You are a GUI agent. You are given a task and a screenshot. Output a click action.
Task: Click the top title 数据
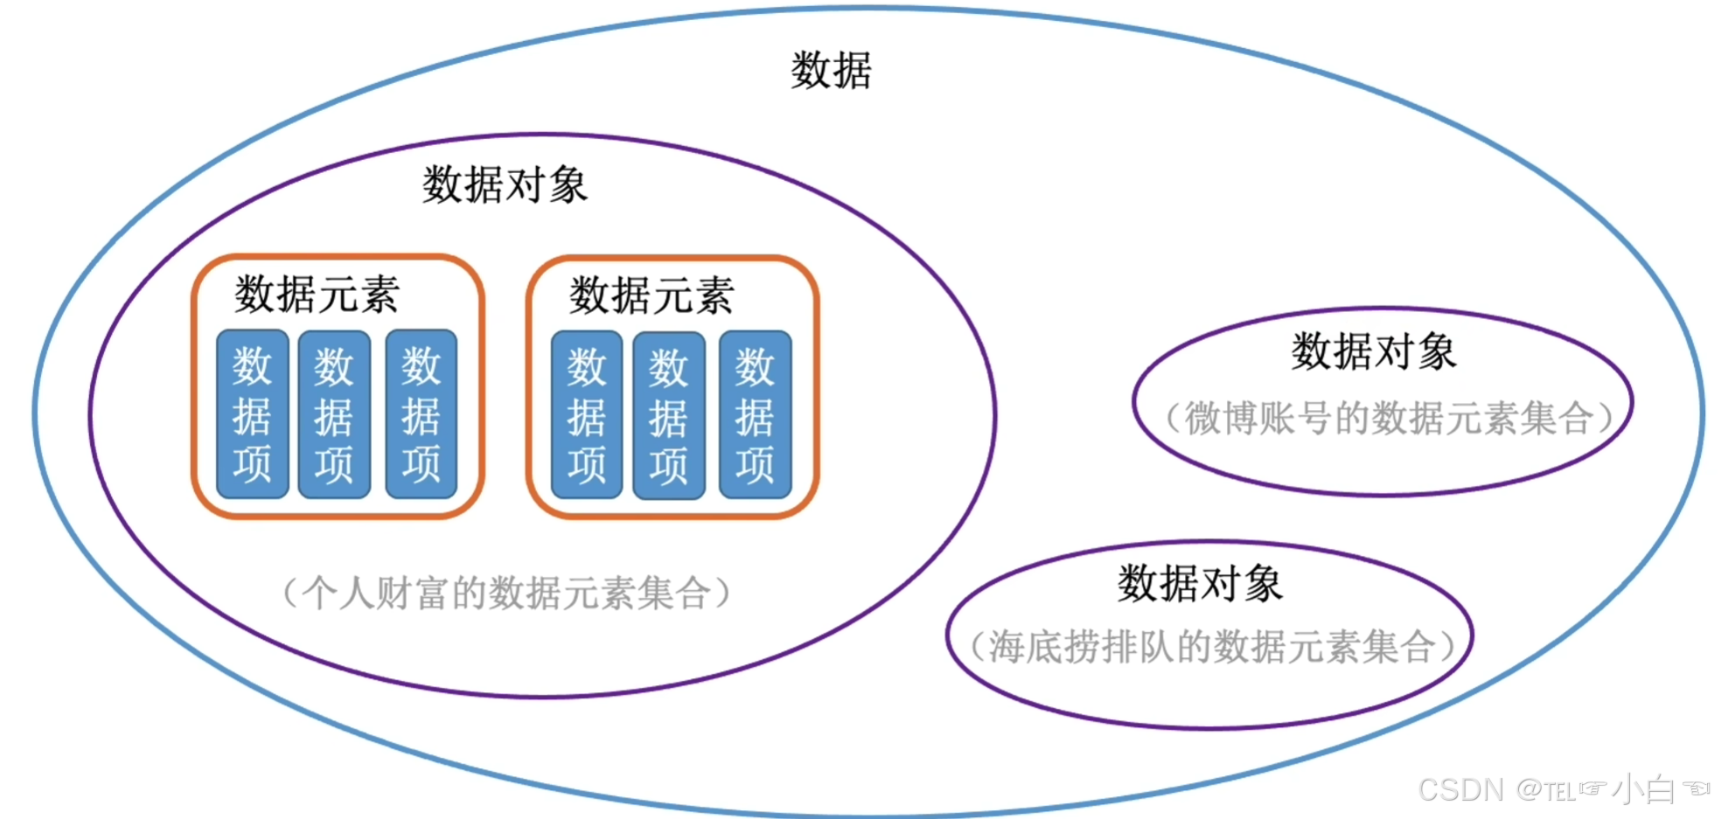(831, 70)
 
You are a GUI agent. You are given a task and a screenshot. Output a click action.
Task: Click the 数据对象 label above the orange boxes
(505, 185)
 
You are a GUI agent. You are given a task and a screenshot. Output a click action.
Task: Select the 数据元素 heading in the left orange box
(317, 294)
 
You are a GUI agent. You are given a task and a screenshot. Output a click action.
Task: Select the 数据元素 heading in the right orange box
(651, 295)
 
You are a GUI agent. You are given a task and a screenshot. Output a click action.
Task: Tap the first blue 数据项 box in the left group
(252, 414)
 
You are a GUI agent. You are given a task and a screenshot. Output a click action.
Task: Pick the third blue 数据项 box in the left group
(421, 414)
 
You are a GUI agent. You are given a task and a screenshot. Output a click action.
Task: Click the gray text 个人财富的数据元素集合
(506, 593)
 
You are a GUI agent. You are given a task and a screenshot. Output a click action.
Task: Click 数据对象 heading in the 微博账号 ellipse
(1374, 351)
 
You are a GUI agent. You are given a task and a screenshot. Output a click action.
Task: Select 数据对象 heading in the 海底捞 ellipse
(1200, 583)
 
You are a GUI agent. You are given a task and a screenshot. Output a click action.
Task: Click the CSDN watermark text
(1460, 790)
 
